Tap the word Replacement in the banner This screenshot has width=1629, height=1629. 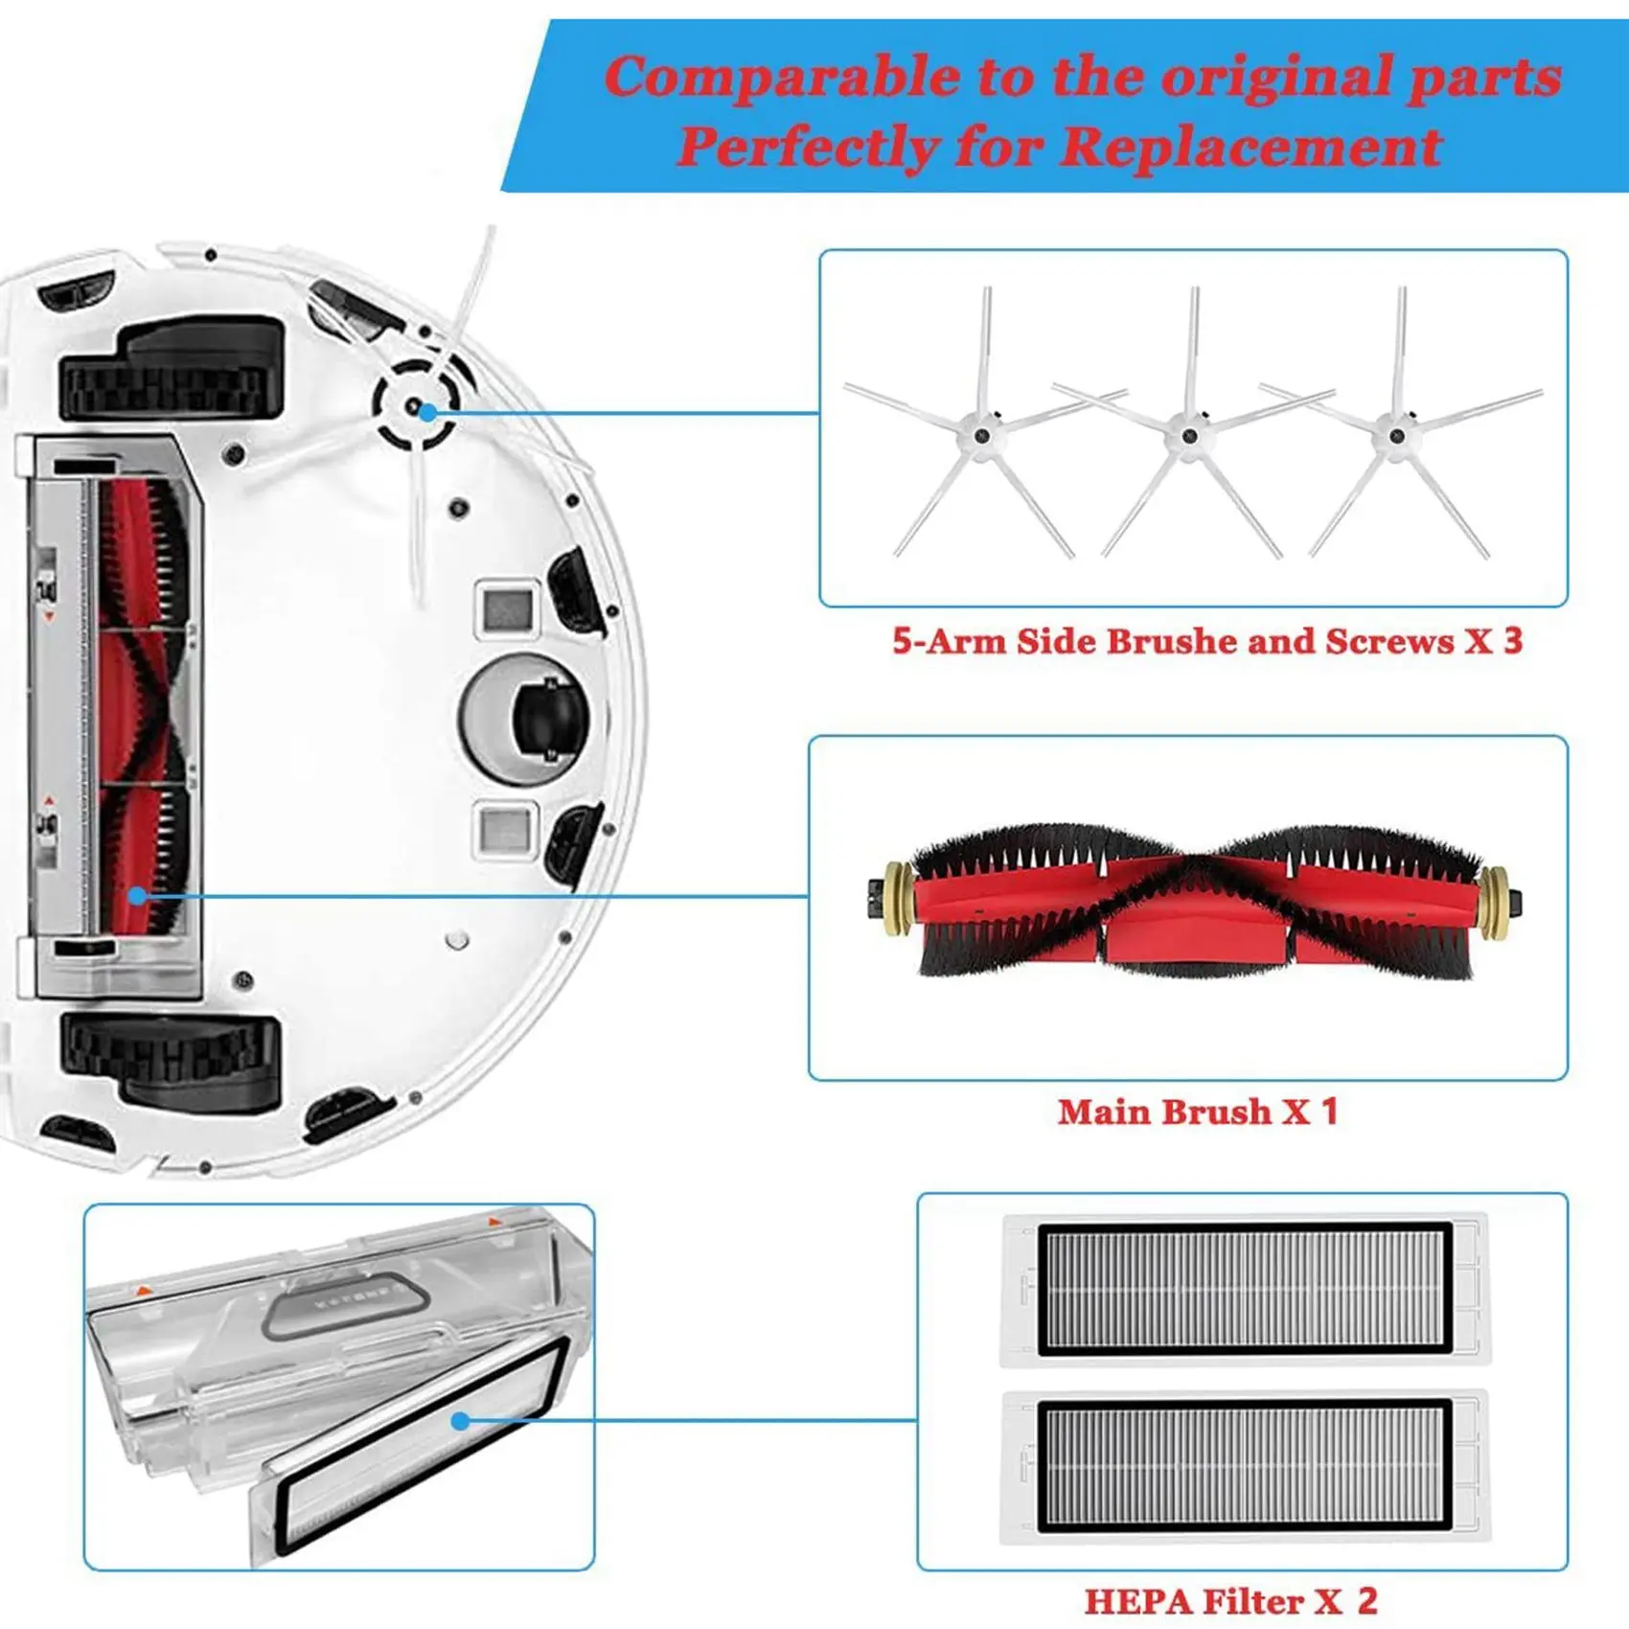(1250, 148)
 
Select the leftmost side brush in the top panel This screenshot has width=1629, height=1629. (982, 437)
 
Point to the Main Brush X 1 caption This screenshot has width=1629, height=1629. (1197, 1112)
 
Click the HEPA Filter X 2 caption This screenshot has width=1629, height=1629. (1230, 1601)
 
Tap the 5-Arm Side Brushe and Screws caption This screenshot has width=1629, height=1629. (1206, 641)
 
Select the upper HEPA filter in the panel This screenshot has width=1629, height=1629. (1245, 1289)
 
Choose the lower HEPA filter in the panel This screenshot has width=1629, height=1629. (1245, 1466)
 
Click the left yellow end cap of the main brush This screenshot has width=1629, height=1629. (899, 900)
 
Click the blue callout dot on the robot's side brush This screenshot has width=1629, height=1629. (427, 413)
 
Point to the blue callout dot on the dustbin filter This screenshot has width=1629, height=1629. (461, 1421)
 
